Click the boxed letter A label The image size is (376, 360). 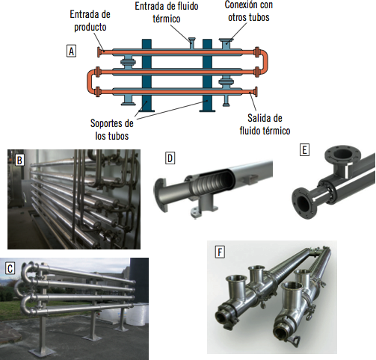[x=71, y=51]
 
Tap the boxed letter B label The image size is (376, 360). [x=19, y=160]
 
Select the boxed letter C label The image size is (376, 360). [x=10, y=268]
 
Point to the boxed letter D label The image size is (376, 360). [x=170, y=158]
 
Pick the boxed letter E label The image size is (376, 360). [x=304, y=150]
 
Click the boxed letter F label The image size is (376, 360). [x=220, y=252]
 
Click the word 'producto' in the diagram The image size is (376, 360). [x=90, y=27]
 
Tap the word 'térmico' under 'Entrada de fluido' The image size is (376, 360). [x=167, y=19]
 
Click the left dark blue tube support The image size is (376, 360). [x=147, y=75]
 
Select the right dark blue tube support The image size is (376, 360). [x=207, y=75]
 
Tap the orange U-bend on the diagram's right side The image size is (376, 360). [x=265, y=62]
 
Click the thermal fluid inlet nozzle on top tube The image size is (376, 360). [x=192, y=43]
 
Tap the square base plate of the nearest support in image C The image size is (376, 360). [x=43, y=352]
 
